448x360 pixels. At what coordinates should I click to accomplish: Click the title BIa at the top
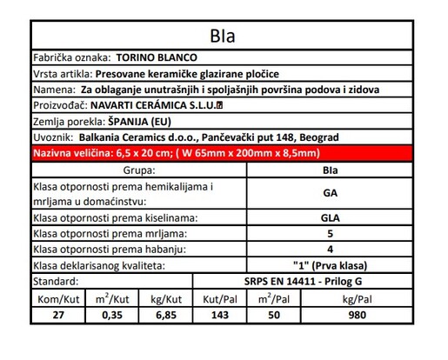[223, 37]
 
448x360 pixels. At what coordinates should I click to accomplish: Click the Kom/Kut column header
[57, 298]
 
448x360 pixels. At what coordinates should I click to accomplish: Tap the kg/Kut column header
[165, 298]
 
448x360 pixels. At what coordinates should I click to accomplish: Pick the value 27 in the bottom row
[57, 315]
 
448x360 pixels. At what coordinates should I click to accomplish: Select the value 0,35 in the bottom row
[111, 315]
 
